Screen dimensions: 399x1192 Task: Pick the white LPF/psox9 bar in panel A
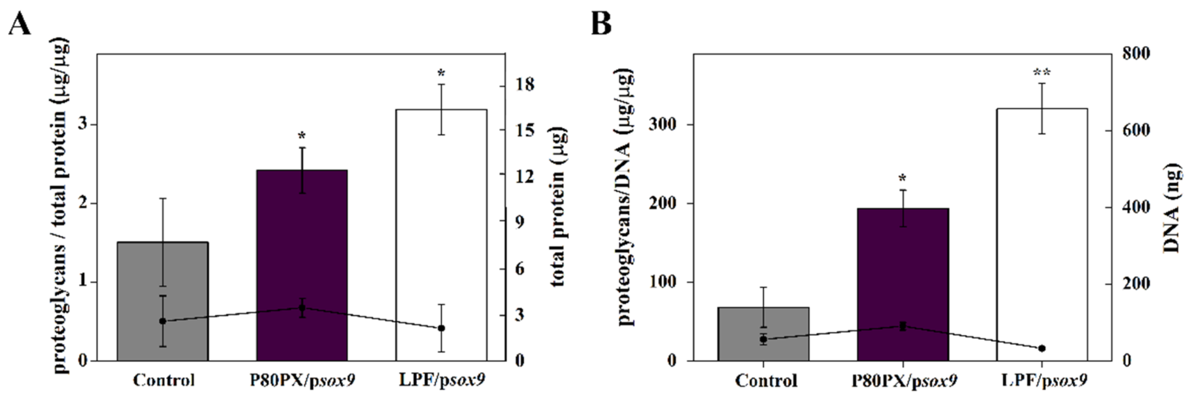(441, 222)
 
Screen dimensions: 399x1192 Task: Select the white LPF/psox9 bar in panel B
(1041, 222)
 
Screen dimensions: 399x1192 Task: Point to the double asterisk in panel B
(1041, 72)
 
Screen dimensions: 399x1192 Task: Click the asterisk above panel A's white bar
(441, 73)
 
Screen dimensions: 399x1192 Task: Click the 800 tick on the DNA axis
(1137, 53)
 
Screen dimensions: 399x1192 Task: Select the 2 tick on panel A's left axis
(83, 203)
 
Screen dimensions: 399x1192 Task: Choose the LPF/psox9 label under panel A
(442, 380)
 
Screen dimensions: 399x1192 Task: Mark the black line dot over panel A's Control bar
(162, 321)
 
